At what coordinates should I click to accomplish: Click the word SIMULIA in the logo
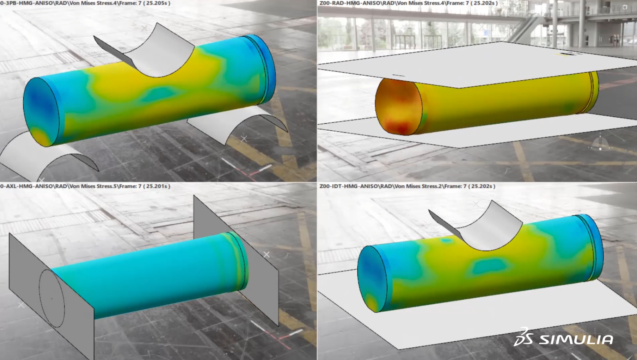tap(576, 340)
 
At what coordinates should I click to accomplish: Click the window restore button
tap(625, 7)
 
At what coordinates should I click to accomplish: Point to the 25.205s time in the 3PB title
tap(157, 3)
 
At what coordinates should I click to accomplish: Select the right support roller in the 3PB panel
tap(240, 123)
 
